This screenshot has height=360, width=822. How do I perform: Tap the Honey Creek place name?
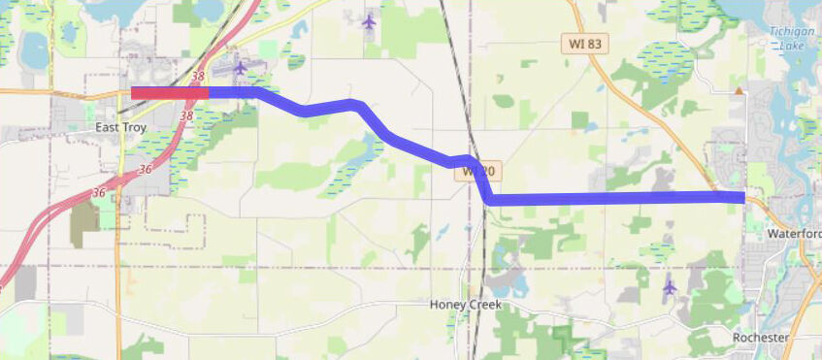tap(466, 305)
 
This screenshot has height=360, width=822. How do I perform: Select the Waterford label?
tap(794, 234)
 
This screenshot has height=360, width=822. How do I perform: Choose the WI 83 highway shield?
tap(584, 45)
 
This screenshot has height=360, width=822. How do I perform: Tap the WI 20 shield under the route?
tap(478, 172)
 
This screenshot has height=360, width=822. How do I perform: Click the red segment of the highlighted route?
tap(170, 93)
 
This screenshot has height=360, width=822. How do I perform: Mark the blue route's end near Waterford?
tap(742, 197)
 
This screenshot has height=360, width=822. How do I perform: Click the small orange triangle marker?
tap(740, 91)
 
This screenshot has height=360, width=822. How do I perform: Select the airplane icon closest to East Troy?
tap(241, 67)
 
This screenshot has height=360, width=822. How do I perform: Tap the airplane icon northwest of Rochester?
tap(669, 287)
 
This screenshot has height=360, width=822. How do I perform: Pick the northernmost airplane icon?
tap(369, 20)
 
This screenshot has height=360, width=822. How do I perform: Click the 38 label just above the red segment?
tap(198, 76)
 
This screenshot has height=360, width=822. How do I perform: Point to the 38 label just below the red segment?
tap(186, 115)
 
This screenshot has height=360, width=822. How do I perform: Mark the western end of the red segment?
tap(133, 93)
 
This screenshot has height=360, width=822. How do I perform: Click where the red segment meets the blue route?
tap(209, 93)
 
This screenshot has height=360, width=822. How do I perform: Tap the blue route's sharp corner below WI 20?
tap(491, 199)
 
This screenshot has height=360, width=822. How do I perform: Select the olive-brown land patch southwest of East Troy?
tap(83, 216)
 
